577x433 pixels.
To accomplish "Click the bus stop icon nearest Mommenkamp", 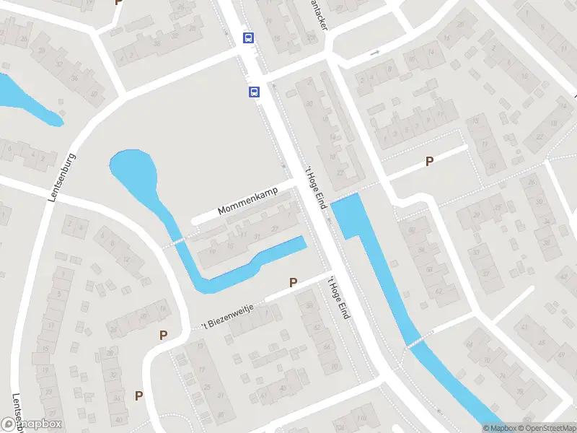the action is [254, 92].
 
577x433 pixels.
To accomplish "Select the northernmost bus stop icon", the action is [248, 38].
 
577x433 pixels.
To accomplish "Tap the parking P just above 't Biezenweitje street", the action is [293, 283].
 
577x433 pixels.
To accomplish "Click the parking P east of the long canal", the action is [430, 162].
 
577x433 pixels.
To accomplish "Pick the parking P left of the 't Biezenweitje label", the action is [164, 335].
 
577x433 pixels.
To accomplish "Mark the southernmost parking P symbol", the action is [138, 395].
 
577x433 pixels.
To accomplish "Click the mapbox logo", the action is [32, 424].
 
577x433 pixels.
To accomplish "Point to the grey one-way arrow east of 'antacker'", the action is [374, 53].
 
